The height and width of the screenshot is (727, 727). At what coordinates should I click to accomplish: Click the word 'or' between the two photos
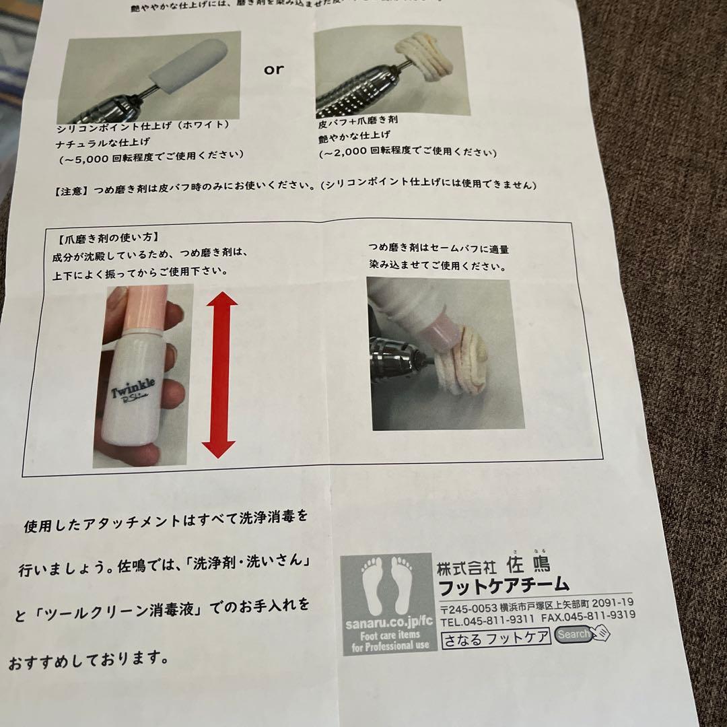click(x=274, y=69)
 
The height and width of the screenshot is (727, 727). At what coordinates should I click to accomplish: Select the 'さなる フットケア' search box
click(x=496, y=637)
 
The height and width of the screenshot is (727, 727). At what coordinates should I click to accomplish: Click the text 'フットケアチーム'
click(x=504, y=584)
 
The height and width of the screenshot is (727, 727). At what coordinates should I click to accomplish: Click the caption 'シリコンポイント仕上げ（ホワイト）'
click(x=143, y=126)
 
